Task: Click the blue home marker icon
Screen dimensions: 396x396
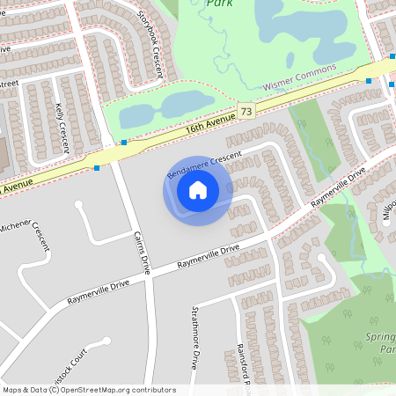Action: [x=197, y=189]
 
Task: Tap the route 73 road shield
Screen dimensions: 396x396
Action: [x=246, y=112]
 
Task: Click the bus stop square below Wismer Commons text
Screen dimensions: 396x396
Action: [x=368, y=81]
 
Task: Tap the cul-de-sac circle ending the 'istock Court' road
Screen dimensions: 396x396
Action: [x=106, y=341]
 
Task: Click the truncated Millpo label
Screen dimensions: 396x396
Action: [x=387, y=211]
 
